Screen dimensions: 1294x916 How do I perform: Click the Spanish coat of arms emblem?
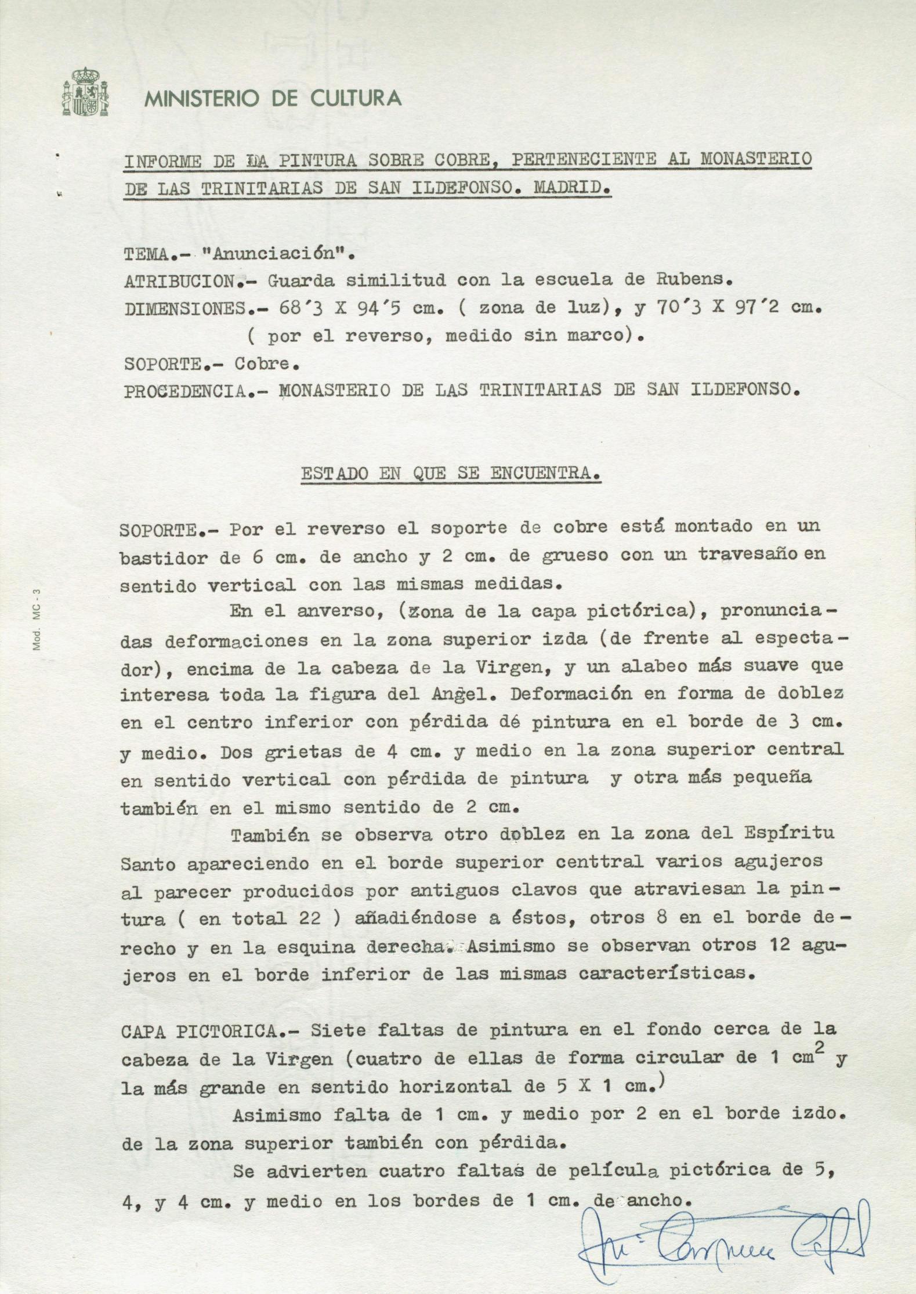coord(85,92)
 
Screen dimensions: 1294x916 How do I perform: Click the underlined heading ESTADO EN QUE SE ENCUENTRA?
coord(451,474)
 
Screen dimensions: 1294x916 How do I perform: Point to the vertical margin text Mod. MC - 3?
coord(37,619)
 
